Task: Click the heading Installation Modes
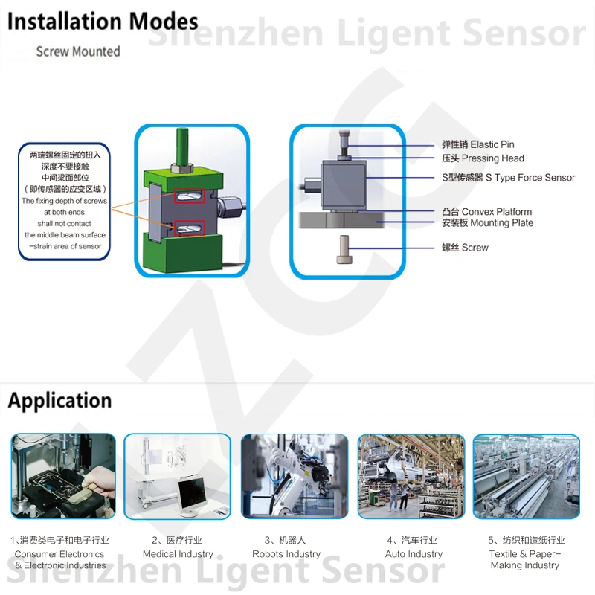tap(103, 22)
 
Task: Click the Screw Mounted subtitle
tap(78, 51)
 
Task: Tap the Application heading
tap(59, 401)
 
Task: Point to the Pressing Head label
tap(483, 158)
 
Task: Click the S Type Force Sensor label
tap(509, 178)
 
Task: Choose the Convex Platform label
tap(486, 212)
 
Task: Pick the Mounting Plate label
tap(487, 223)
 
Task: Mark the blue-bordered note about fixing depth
tap(64, 201)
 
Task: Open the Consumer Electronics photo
tap(62, 476)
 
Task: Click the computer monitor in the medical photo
tap(191, 493)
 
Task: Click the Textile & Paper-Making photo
tap(526, 476)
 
